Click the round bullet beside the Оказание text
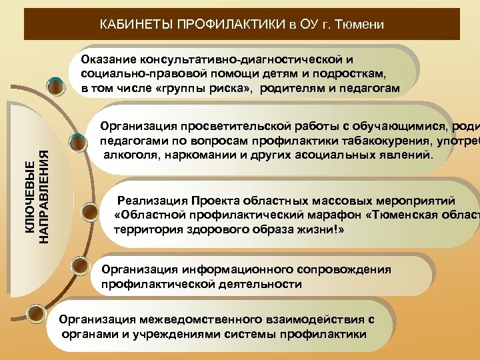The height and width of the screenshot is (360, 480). [57, 85]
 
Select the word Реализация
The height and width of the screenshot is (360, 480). [151, 200]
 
